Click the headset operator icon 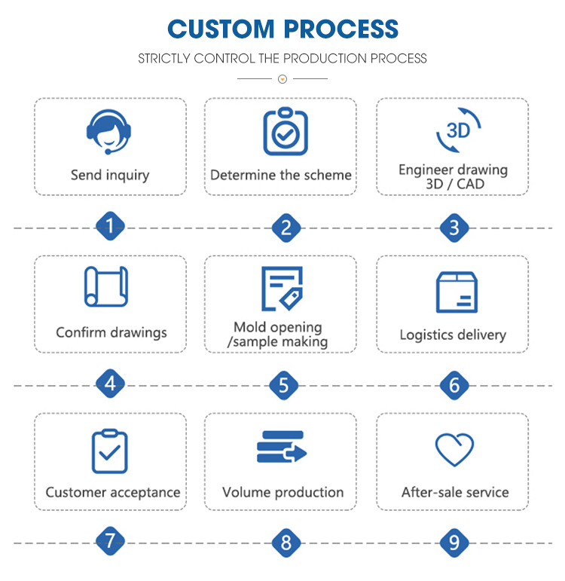coord(108,132)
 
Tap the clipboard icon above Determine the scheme coord(286,131)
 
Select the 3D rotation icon coord(458,130)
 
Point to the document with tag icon coord(282,289)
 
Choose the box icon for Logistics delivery coord(457,292)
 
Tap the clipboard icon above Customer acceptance coord(110,451)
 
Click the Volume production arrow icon coord(282,447)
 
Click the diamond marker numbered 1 coord(110,226)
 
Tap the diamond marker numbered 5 coord(284,385)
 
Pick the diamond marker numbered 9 coord(454,543)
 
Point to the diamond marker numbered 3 coord(454,228)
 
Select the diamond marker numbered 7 coord(110,541)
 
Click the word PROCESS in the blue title coord(341,29)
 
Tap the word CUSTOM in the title coord(221,29)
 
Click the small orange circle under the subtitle coord(282,79)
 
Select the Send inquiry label coord(110,175)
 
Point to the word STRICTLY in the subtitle coord(164,59)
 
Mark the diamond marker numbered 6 coord(454,385)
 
